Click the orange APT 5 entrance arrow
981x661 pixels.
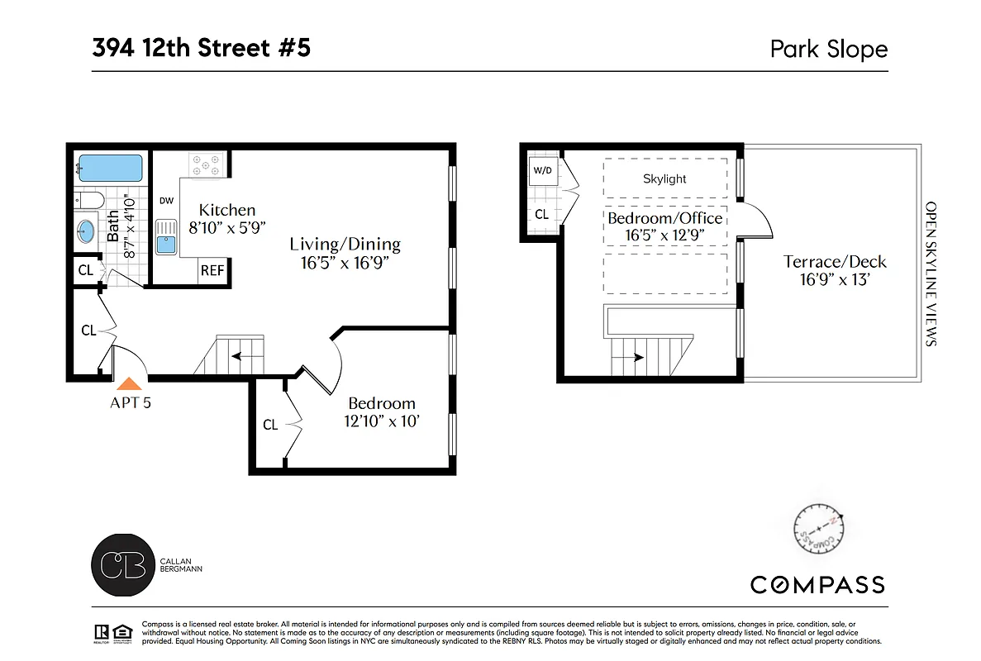[x=129, y=383]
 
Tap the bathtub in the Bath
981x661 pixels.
[x=110, y=169]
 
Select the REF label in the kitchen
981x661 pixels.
[x=212, y=270]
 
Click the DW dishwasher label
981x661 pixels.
[x=165, y=200]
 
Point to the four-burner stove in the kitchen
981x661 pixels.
[x=203, y=164]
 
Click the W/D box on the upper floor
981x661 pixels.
[x=542, y=171]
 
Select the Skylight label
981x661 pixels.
[x=664, y=178]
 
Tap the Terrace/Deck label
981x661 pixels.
[x=835, y=262]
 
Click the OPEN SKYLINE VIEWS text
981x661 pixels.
[x=931, y=273]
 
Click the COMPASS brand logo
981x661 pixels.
[x=817, y=585]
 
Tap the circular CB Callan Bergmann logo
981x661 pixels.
[x=122, y=564]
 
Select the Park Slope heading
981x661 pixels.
[x=828, y=49]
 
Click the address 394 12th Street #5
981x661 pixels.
[x=202, y=48]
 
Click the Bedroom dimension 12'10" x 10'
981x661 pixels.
[x=381, y=421]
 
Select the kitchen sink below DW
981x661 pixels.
[x=166, y=235]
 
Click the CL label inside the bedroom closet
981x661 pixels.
[x=270, y=425]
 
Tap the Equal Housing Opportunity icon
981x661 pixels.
[x=123, y=632]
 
